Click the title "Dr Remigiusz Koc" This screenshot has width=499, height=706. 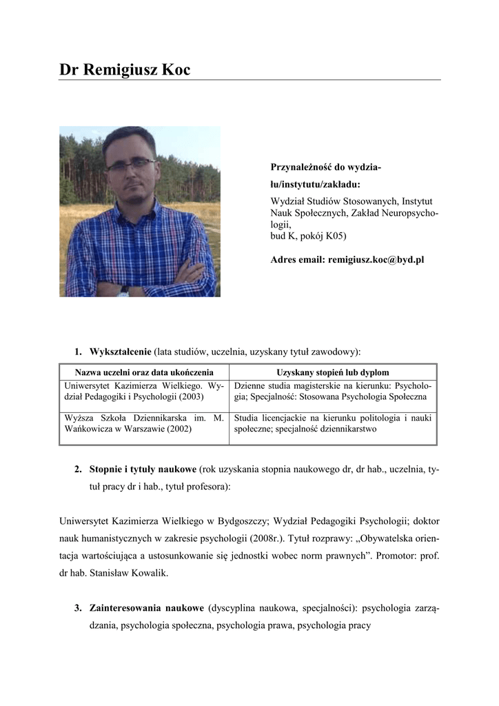(x=125, y=70)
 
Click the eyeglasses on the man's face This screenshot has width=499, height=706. (x=131, y=164)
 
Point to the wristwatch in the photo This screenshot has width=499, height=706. (x=124, y=291)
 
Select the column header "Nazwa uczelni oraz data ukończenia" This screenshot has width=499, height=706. (x=144, y=372)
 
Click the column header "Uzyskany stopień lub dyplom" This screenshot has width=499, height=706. (x=332, y=372)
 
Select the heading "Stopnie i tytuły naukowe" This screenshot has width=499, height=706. (x=143, y=470)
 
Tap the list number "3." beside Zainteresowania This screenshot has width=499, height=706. (x=79, y=609)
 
